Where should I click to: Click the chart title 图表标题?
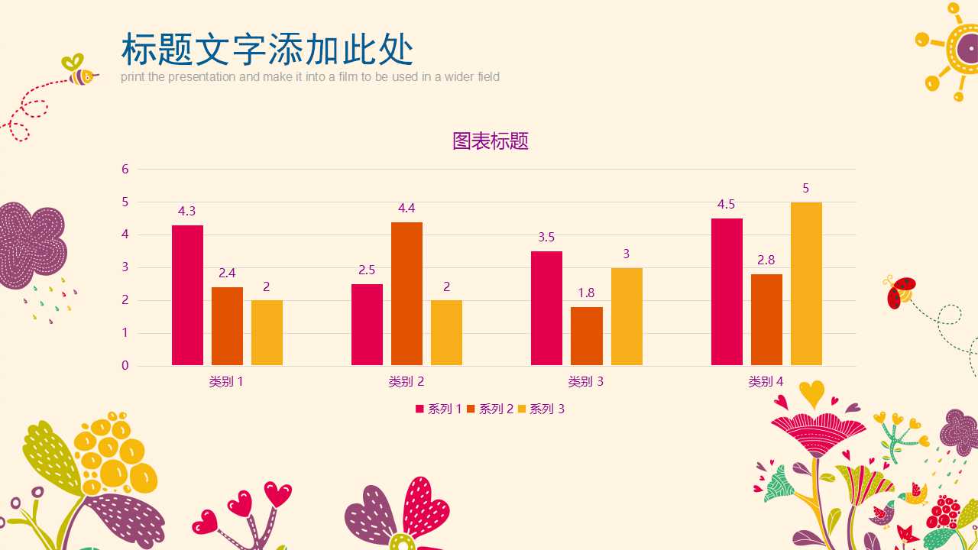(x=491, y=141)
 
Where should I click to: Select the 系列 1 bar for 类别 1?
(x=187, y=295)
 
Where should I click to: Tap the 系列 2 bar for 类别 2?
(x=406, y=293)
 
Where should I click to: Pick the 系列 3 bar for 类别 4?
(x=806, y=283)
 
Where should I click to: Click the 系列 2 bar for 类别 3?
(x=586, y=336)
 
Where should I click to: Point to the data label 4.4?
(x=406, y=209)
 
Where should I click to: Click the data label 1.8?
(x=586, y=293)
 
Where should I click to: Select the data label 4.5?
(x=726, y=205)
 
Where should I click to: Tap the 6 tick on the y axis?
(x=125, y=170)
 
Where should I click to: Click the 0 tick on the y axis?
(x=125, y=366)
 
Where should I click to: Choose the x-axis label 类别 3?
(x=586, y=382)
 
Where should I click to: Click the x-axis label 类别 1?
(x=226, y=382)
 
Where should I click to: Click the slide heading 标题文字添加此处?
(x=267, y=50)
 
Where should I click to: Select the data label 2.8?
(x=766, y=260)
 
